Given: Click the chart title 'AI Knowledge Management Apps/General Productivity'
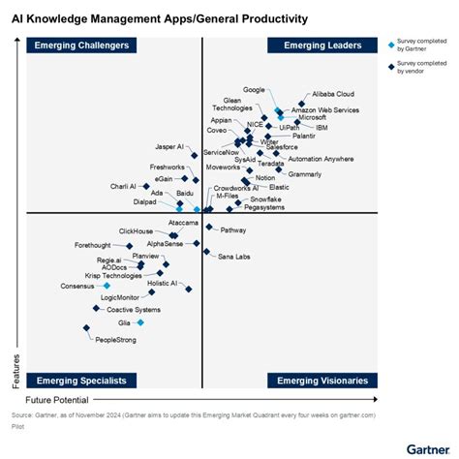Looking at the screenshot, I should (160, 18).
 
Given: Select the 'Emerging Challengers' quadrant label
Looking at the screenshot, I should (81, 46).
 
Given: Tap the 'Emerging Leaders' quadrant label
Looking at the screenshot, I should (322, 46).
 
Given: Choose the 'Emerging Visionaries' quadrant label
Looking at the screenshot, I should (322, 381).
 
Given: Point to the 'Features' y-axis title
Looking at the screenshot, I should (15, 368).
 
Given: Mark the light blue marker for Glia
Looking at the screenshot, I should (140, 322).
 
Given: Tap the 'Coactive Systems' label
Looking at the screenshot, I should (134, 310).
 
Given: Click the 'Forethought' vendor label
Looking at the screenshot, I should (100, 245).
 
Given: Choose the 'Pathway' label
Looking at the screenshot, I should (233, 230).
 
